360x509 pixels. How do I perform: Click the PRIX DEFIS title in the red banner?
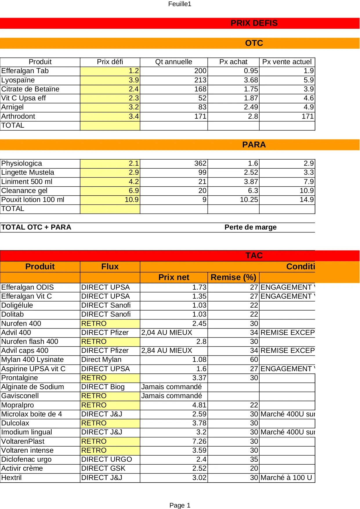click(254, 23)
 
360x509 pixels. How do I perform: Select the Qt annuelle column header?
click(173, 62)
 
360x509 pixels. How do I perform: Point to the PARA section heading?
click(254, 145)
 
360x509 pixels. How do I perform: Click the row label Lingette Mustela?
click(28, 172)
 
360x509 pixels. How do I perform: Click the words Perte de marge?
click(250, 227)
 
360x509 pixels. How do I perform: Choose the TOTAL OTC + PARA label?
click(36, 227)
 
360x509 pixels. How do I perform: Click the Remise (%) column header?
click(233, 277)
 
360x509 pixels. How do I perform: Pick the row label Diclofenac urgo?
click(26, 459)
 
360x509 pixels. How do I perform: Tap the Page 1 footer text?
click(180, 505)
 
